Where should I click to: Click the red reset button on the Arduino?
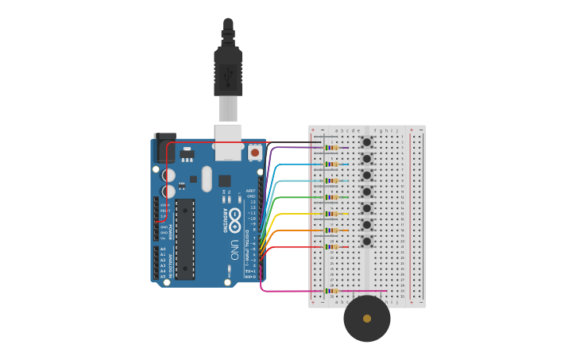[x=254, y=151]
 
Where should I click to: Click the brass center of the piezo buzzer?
[x=367, y=319]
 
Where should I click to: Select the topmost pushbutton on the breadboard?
[x=367, y=142]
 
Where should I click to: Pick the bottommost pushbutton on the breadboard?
[x=367, y=242]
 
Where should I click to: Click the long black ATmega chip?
[x=184, y=239]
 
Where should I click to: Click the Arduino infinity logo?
[x=235, y=214]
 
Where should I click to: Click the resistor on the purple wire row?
[x=331, y=148]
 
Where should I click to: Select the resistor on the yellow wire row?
[x=331, y=214]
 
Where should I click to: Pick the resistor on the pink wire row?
[x=330, y=291]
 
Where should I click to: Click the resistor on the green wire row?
[x=331, y=197]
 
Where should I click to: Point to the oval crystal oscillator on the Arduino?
[x=207, y=178]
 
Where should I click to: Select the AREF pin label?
[x=251, y=191]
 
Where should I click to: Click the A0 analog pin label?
[x=163, y=249]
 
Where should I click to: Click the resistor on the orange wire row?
[x=331, y=230]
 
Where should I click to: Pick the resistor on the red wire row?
[x=331, y=247]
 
